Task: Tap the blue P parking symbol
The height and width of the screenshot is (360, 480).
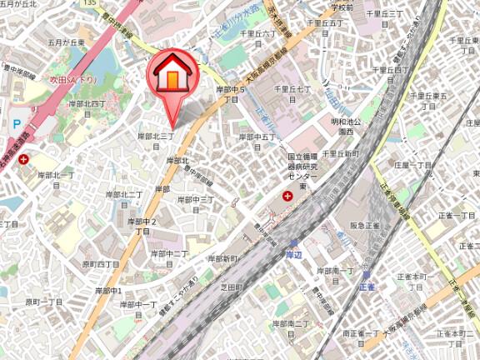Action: (16, 123)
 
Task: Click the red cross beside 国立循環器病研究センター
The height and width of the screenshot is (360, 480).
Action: (287, 196)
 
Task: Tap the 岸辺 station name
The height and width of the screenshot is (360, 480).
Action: (292, 254)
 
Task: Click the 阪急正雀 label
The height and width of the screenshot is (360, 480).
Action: (365, 226)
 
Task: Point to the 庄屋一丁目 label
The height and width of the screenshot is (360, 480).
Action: (413, 165)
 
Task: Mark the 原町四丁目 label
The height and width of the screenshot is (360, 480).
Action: (101, 264)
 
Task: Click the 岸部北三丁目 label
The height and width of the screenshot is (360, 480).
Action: (156, 139)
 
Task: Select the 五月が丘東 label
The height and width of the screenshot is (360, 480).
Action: (66, 42)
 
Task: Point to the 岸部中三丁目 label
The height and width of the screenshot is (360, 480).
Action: (197, 205)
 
